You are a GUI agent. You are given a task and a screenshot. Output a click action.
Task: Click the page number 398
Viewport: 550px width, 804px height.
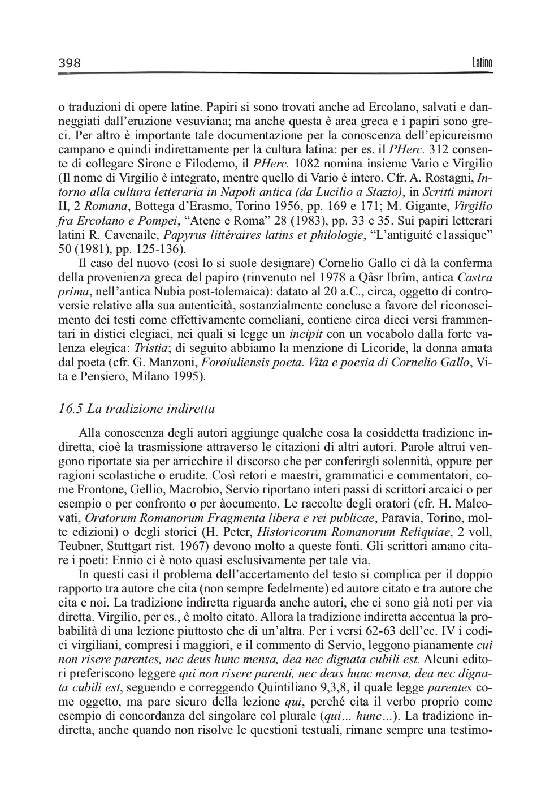(70, 63)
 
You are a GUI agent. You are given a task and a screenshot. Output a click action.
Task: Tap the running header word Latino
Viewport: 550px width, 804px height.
(482, 63)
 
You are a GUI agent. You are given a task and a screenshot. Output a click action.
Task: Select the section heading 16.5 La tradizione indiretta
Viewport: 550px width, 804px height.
(137, 409)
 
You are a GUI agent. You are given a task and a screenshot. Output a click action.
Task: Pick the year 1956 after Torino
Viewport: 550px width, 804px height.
(298, 207)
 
